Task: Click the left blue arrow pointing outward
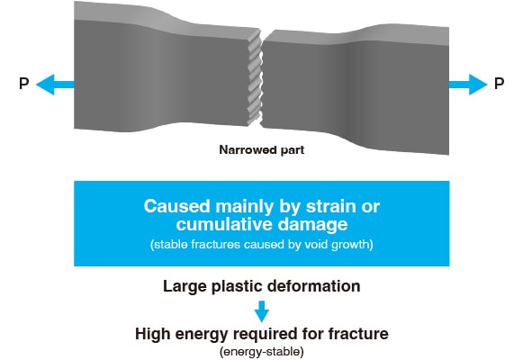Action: pyautogui.click(x=55, y=85)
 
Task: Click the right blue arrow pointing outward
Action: pyautogui.click(x=468, y=85)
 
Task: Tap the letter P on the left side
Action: pyautogui.click(x=24, y=84)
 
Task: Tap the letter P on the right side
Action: pyautogui.click(x=499, y=84)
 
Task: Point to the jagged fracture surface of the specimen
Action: pyautogui.click(x=255, y=77)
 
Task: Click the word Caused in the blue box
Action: pyautogui.click(x=176, y=206)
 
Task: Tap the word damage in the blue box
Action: pyautogui.click(x=313, y=225)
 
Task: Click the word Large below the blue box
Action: pyautogui.click(x=185, y=287)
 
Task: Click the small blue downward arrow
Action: pyautogui.click(x=262, y=311)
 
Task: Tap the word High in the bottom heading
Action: pyautogui.click(x=152, y=334)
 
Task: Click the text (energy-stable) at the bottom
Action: pyautogui.click(x=262, y=352)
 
